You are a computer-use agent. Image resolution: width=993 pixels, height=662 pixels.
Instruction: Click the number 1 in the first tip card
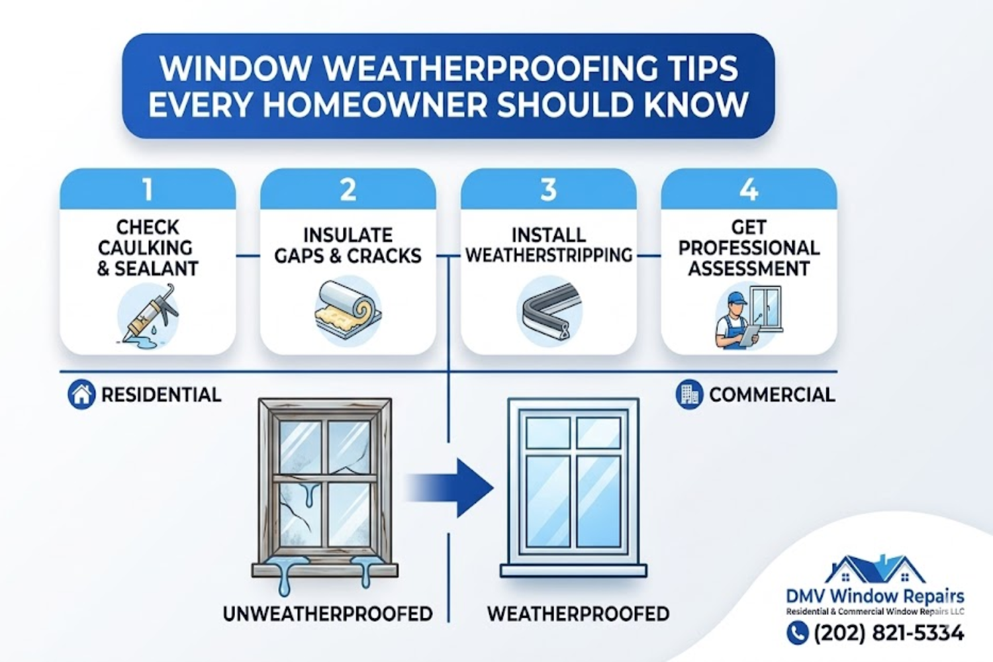pyautogui.click(x=148, y=190)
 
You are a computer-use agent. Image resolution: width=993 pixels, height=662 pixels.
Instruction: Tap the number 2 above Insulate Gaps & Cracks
pyautogui.click(x=348, y=190)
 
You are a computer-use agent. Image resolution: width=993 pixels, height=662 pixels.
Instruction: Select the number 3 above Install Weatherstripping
pyautogui.click(x=548, y=190)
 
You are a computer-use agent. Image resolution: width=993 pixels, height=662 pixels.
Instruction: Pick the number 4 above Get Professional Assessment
pyautogui.click(x=749, y=190)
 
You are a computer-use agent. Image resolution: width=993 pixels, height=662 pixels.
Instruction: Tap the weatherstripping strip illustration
pyautogui.click(x=549, y=312)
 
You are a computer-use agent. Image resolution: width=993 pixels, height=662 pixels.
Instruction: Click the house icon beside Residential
pyautogui.click(x=81, y=395)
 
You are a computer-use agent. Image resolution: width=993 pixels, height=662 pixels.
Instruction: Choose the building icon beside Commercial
pyautogui.click(x=689, y=395)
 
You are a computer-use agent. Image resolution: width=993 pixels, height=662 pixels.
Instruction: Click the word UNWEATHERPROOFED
pyautogui.click(x=328, y=614)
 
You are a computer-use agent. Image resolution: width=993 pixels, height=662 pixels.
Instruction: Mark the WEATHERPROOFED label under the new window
pyautogui.click(x=578, y=614)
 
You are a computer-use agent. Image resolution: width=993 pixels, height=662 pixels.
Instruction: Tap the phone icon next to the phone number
pyautogui.click(x=798, y=634)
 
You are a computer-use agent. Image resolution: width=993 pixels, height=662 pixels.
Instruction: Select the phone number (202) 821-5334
pyautogui.click(x=888, y=634)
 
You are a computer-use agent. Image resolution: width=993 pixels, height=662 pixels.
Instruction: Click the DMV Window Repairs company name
pyautogui.click(x=875, y=596)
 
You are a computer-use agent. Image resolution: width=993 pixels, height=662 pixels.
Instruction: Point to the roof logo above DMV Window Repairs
pyautogui.click(x=875, y=569)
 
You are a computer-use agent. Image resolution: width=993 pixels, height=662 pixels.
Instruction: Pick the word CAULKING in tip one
pyautogui.click(x=145, y=248)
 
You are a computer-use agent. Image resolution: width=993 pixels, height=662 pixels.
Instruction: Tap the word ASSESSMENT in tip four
pyautogui.click(x=749, y=269)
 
